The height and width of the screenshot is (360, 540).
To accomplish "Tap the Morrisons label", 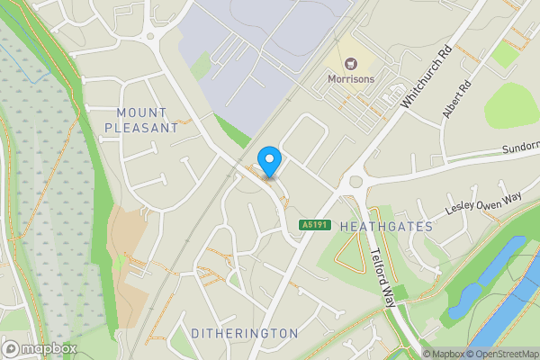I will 349,79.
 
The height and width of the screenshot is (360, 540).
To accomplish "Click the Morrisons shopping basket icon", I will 350,63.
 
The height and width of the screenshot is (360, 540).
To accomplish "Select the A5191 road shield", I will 313,224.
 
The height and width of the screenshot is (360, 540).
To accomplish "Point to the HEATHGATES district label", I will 386,227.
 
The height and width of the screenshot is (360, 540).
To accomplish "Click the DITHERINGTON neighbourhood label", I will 244,333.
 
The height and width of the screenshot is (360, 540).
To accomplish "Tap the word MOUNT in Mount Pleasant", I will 141,112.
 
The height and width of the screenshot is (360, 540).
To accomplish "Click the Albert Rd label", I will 456,101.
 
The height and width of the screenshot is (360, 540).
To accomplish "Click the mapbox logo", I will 40,348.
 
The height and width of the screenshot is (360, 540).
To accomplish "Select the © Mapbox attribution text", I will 444,354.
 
